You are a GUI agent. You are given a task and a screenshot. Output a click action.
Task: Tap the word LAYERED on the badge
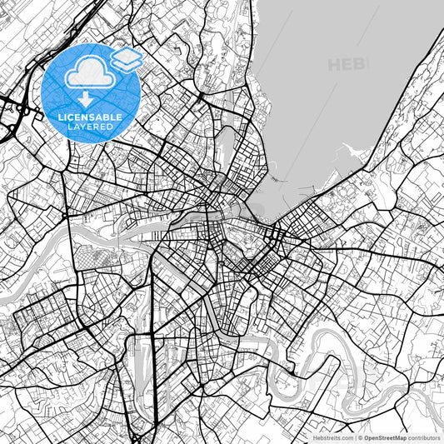coord(92,127)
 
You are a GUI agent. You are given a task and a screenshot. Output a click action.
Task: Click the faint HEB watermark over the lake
coord(347,64)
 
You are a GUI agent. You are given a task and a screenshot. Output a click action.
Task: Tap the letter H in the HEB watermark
coord(335,64)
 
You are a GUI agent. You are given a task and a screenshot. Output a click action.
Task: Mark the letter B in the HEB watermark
coord(361,64)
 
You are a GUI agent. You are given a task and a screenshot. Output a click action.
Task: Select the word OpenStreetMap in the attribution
coord(384,437)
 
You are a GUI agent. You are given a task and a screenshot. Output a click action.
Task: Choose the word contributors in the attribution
coord(424,437)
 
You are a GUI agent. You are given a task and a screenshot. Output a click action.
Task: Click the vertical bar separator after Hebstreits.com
coord(355,437)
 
